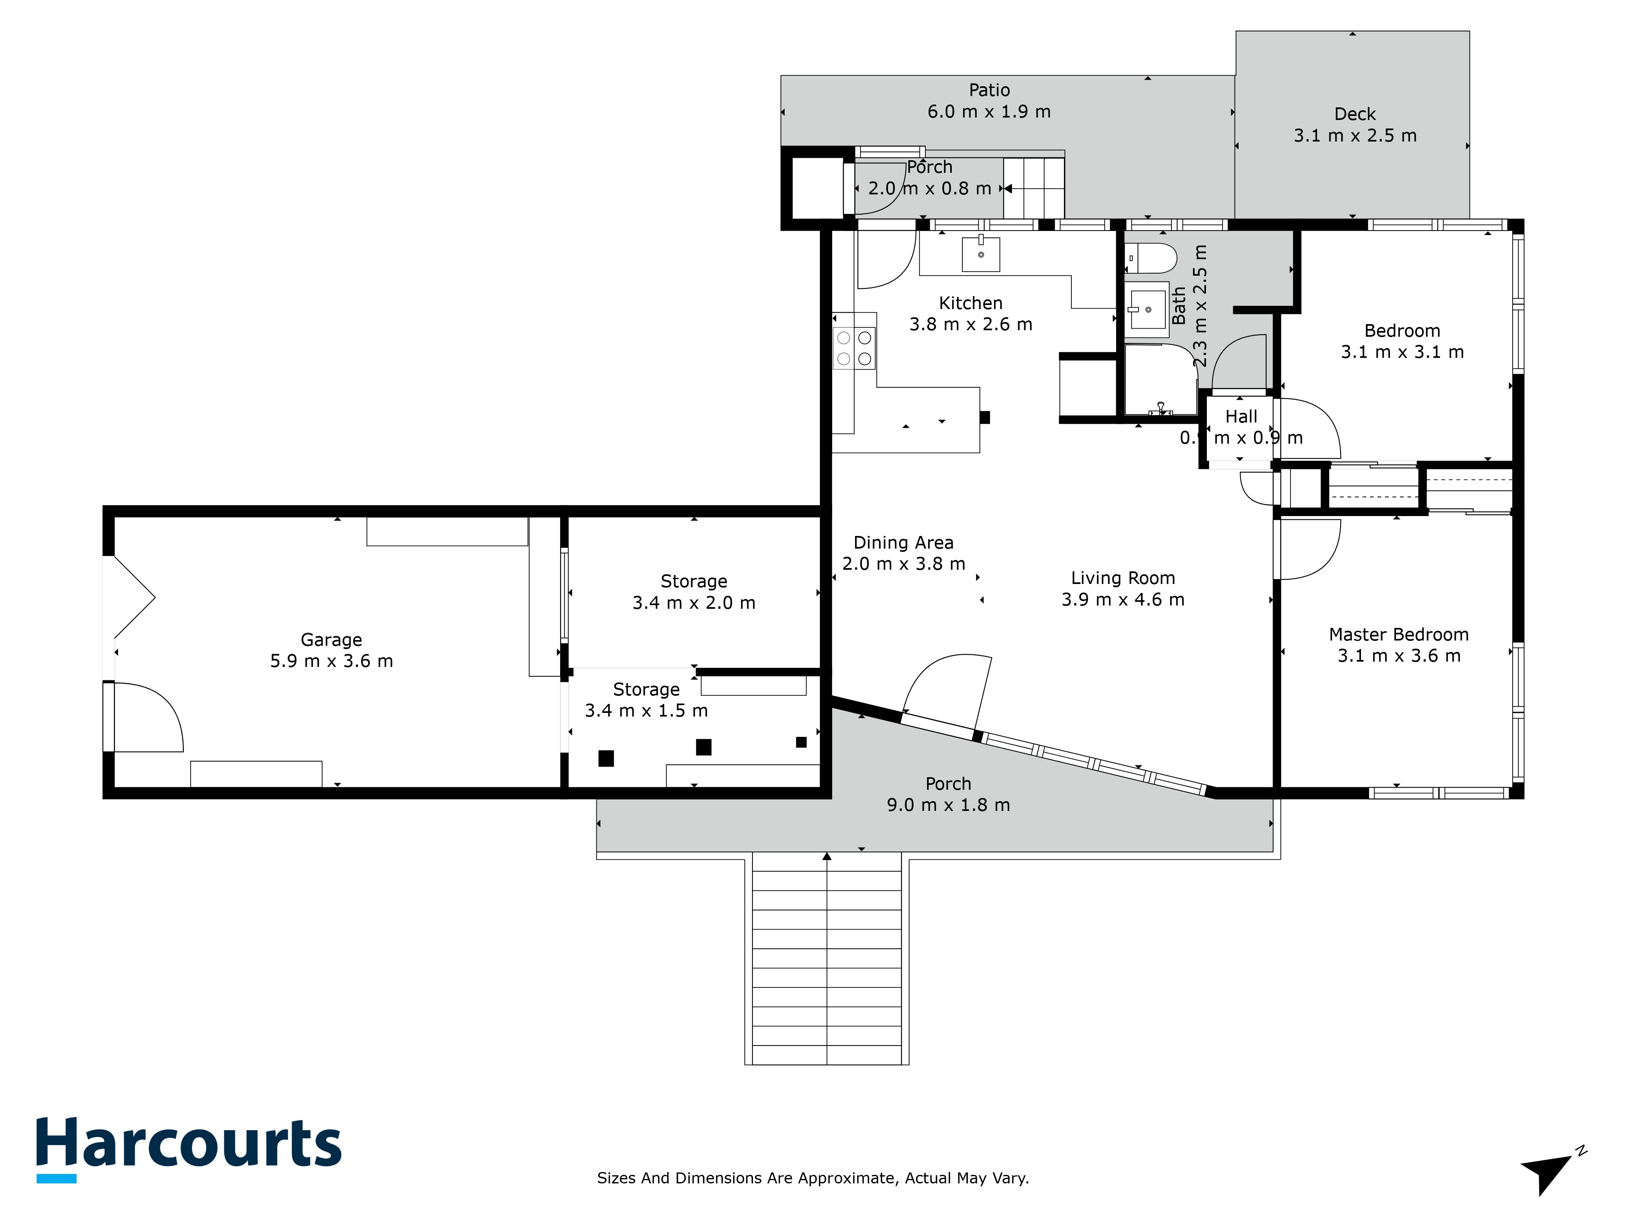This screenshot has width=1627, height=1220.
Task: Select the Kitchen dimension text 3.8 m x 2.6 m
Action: click(x=971, y=324)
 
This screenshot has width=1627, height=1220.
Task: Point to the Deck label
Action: click(x=1355, y=114)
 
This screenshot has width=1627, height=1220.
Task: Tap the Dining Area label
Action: click(x=903, y=543)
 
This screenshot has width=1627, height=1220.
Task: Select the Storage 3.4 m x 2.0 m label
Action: click(x=694, y=592)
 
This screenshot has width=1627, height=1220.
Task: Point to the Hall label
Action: click(x=1241, y=416)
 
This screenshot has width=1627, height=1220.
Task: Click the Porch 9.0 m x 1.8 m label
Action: click(x=948, y=794)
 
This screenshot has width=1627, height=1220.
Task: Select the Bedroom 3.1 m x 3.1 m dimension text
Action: click(x=1402, y=352)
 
